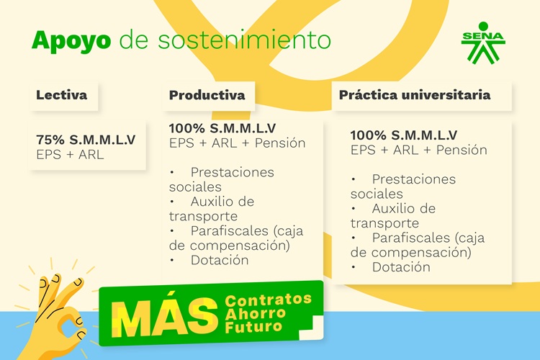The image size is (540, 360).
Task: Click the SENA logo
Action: click(x=483, y=43)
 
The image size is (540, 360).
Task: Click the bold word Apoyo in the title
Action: click(x=71, y=41)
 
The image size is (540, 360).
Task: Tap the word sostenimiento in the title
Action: click(x=244, y=40)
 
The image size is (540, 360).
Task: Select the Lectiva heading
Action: click(x=62, y=95)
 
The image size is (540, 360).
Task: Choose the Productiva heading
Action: click(x=207, y=95)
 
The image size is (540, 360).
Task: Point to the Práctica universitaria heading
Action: click(x=415, y=95)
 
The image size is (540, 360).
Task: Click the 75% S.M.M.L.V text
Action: click(x=86, y=140)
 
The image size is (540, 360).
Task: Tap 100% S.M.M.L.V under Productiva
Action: click(x=222, y=128)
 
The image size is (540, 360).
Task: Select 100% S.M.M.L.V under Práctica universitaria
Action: click(x=404, y=135)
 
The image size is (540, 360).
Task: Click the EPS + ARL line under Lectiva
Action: click(x=70, y=155)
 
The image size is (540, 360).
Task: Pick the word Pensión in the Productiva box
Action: click(x=280, y=143)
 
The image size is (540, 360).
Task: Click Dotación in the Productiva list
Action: click(x=220, y=260)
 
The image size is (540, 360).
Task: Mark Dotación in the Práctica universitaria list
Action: click(x=401, y=267)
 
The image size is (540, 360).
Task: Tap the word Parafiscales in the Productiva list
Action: click(x=230, y=231)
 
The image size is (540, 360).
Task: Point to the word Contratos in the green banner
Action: click(x=269, y=300)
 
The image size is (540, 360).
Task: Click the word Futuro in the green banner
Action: click(x=253, y=326)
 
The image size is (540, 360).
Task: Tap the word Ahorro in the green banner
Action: click(x=255, y=313)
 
